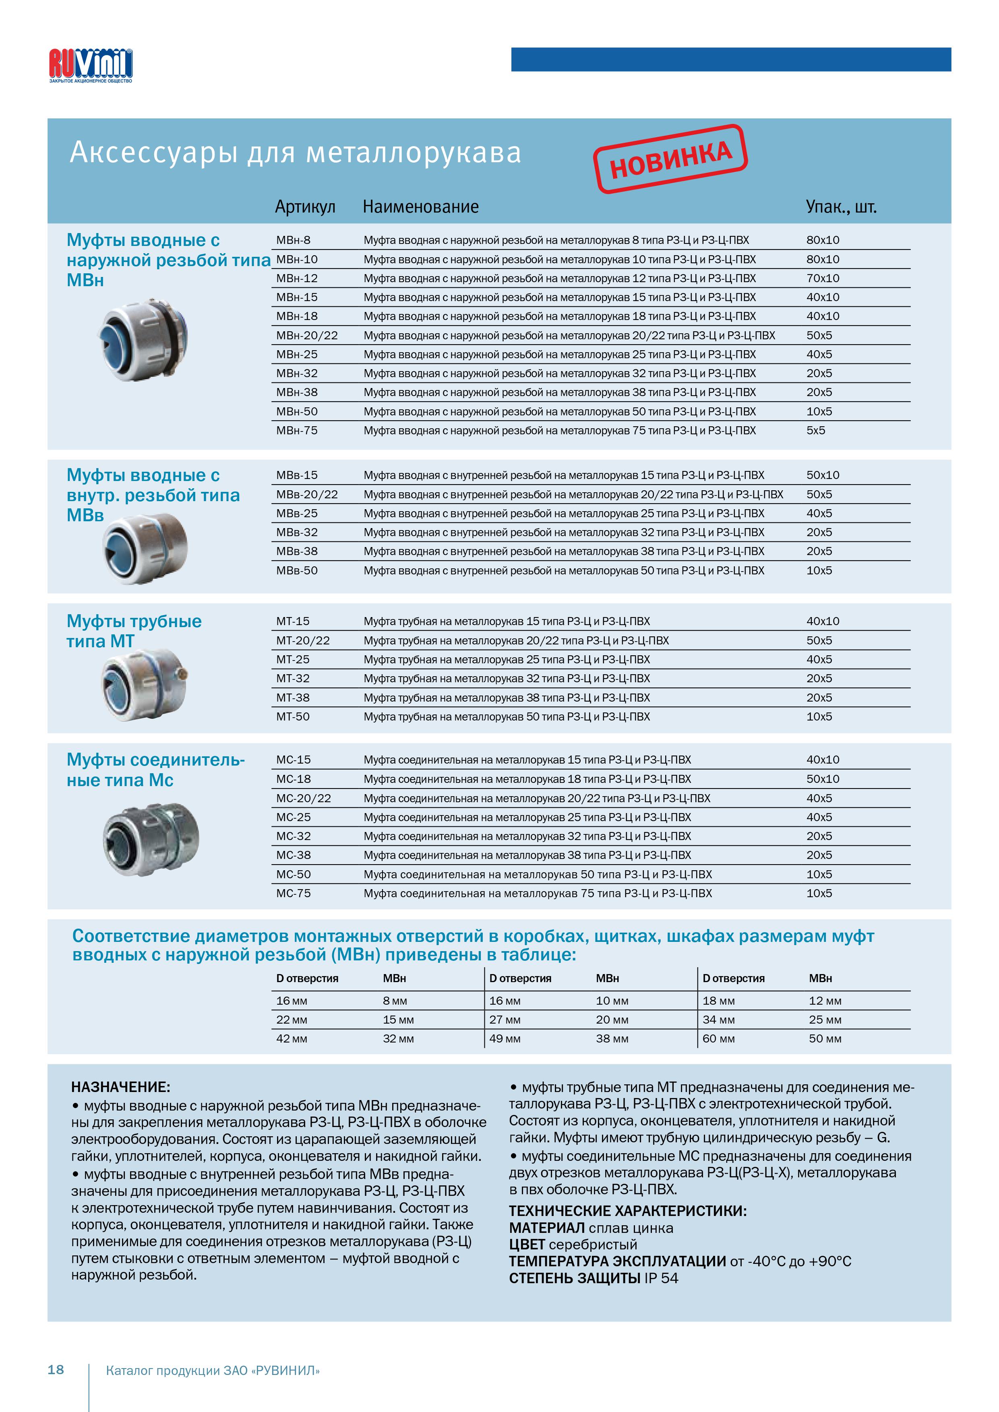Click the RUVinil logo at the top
point(91,65)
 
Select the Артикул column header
point(305,206)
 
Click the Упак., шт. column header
point(841,206)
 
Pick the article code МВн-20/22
point(307,336)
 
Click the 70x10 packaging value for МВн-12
point(823,279)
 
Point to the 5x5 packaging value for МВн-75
point(816,431)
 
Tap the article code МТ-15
point(293,621)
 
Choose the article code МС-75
point(294,893)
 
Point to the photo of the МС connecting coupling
point(151,839)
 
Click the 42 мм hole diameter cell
point(292,1039)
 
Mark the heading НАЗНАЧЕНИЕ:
point(120,1087)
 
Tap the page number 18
point(56,1370)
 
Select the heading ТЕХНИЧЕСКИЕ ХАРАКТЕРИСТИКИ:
point(627,1211)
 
